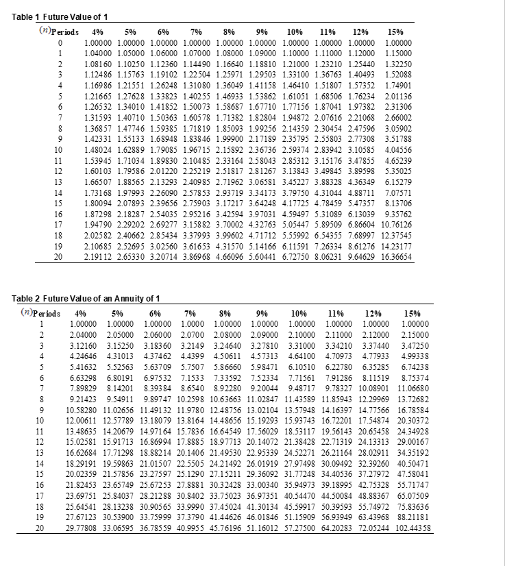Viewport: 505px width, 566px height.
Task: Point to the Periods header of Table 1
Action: (60, 32)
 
